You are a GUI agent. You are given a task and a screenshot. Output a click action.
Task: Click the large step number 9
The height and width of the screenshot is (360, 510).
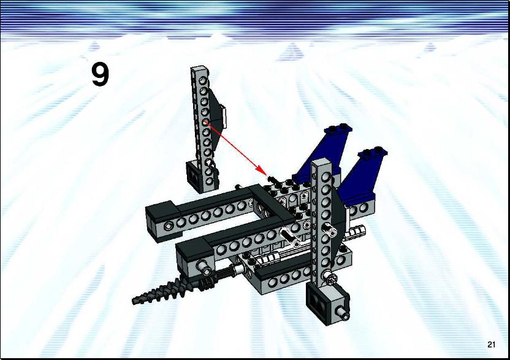[100, 75]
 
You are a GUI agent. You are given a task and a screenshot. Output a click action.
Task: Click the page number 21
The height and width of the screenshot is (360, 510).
[491, 345]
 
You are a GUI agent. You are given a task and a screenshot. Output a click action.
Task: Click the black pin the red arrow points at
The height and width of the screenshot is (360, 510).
[272, 178]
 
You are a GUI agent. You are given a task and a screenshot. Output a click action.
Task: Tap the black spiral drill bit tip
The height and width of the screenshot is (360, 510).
[135, 301]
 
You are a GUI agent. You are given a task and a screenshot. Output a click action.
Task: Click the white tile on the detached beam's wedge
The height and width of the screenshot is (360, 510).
[224, 115]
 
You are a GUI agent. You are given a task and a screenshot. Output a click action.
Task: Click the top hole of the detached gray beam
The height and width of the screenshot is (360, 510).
[204, 80]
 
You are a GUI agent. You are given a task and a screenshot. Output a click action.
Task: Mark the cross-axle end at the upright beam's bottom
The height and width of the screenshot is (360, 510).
[331, 279]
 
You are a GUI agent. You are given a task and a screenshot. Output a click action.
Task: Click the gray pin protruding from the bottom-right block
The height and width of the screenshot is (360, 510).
[343, 313]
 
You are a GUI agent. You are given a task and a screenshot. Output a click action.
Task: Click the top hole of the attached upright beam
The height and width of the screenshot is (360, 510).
[325, 177]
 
